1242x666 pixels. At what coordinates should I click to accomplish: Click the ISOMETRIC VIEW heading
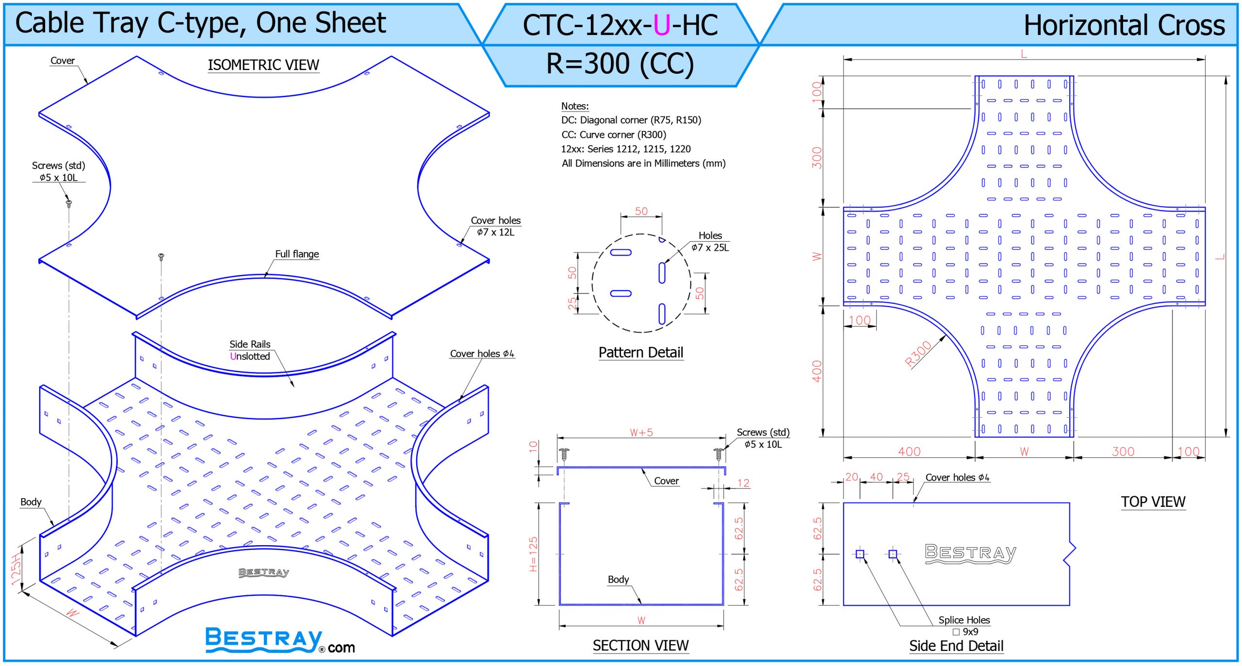(263, 65)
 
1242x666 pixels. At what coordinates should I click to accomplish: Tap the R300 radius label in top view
(918, 354)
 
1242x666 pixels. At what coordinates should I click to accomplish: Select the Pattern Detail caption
(641, 353)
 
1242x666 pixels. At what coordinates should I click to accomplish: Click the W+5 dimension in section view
(641, 433)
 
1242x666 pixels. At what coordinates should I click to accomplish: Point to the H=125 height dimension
(533, 554)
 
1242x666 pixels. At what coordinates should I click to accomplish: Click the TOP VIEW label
(1153, 502)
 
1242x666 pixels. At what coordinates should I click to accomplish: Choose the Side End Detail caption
(956, 646)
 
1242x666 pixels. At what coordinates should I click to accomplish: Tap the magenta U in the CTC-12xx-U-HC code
(662, 25)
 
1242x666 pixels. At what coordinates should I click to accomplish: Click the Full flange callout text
(297, 254)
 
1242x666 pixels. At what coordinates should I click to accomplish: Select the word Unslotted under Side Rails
(250, 356)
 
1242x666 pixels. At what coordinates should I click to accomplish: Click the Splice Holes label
(964, 620)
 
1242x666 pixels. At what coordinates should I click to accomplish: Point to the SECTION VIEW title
(640, 646)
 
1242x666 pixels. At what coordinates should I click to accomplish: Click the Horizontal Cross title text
(1124, 25)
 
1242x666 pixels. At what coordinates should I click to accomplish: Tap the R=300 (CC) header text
(620, 64)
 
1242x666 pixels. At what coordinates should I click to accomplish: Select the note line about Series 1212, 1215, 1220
(626, 149)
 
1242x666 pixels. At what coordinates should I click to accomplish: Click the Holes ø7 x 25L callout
(710, 242)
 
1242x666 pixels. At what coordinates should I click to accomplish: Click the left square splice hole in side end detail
(860, 554)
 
